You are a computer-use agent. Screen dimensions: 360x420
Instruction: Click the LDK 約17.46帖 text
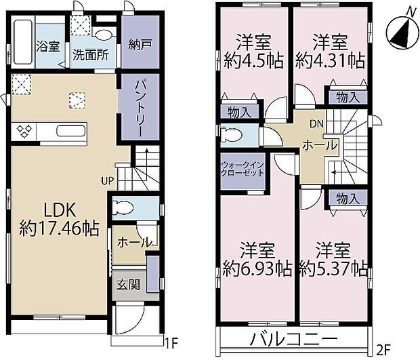(59, 218)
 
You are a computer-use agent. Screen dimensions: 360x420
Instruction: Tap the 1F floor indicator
(173, 344)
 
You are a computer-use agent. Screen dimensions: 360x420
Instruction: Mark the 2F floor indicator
(384, 351)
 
